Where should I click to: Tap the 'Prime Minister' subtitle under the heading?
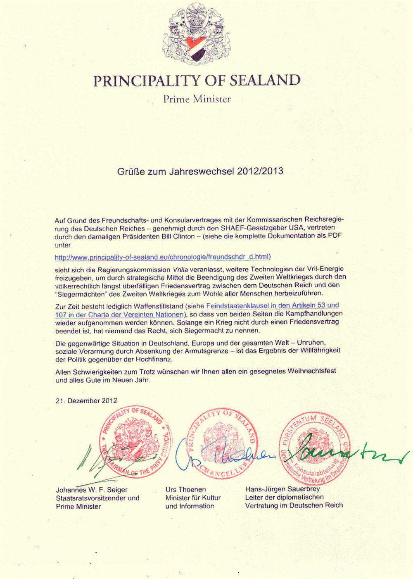[197, 99]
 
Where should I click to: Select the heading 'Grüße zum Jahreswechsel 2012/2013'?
[200, 171]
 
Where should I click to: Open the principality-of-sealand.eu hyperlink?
[162, 257]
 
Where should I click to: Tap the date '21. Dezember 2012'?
[86, 400]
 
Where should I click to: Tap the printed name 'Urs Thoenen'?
[185, 489]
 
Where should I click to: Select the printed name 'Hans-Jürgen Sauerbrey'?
[282, 489]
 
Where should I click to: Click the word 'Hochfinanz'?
[154, 359]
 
